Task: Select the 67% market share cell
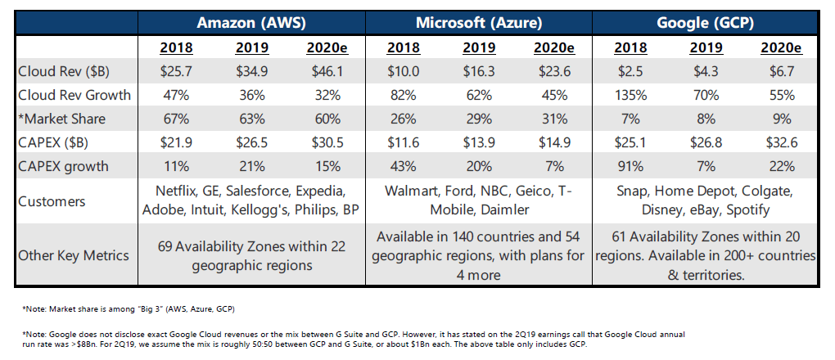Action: (x=177, y=119)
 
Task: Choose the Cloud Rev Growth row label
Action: (x=74, y=95)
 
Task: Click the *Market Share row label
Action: (x=62, y=119)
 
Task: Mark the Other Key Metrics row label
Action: (x=74, y=254)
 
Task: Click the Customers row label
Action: (x=52, y=201)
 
